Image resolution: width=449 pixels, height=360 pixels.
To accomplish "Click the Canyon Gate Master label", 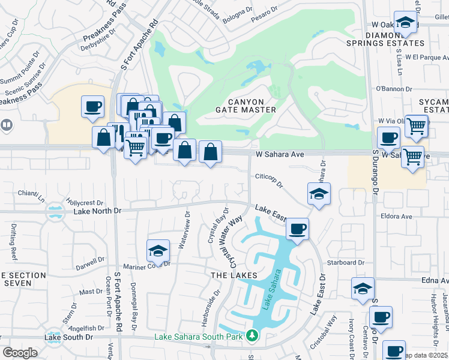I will pyautogui.click(x=246, y=106).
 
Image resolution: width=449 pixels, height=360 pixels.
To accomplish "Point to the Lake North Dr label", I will pyautogui.click(x=97, y=211).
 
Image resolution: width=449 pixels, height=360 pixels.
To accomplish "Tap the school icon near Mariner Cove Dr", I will pyautogui.click(x=158, y=250).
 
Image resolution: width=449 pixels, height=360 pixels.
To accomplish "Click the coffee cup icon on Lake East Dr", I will pyautogui.click(x=297, y=229).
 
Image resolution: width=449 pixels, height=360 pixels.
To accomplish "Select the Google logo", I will pyautogui.click(x=20, y=352).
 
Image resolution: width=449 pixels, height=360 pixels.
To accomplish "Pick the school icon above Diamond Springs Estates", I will pyautogui.click(x=406, y=23).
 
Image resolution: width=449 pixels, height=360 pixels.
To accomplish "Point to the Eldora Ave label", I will pyautogui.click(x=396, y=216).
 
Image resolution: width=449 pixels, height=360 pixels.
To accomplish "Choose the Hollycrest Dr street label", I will pyautogui.click(x=86, y=203).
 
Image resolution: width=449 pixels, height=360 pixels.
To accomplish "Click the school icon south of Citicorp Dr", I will pyautogui.click(x=319, y=194).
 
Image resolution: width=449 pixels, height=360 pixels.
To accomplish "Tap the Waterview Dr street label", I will pyautogui.click(x=184, y=229).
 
